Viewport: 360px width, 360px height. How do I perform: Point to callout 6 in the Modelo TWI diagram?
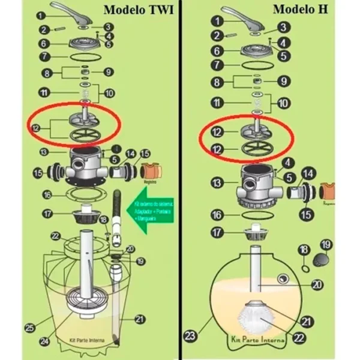click(x=44, y=44)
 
